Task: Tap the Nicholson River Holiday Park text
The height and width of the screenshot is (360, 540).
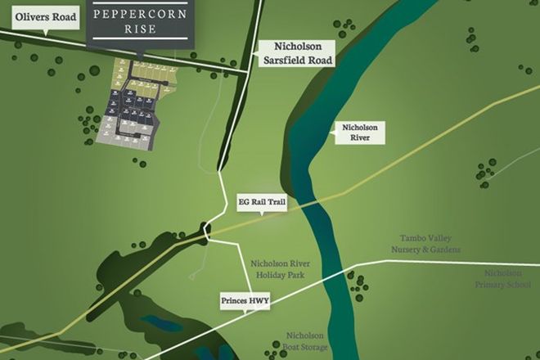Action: (x=278, y=269)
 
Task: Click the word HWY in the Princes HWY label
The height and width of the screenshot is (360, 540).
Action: (x=258, y=301)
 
